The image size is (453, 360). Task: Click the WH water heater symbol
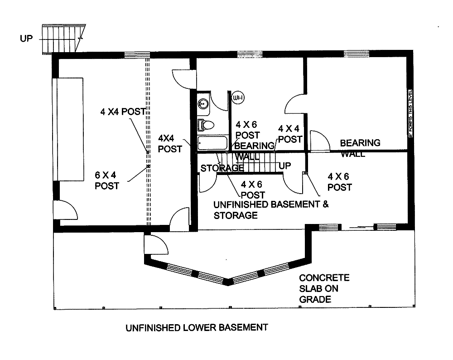point(237,97)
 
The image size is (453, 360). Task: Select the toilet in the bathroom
point(207,124)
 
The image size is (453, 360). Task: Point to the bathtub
point(212,143)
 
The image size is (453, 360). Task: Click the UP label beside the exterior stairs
point(27,39)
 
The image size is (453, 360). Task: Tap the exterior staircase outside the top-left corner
point(63,39)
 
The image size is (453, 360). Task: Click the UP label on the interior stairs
point(284,166)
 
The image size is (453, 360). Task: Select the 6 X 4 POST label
point(107,180)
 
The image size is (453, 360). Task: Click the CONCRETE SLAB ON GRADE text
point(323,288)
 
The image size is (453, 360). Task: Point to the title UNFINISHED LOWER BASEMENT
point(196,327)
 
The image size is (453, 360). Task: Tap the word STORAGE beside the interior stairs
point(222,168)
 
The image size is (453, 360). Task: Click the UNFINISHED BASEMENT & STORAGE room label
point(270,209)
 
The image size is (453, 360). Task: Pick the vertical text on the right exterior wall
point(410,113)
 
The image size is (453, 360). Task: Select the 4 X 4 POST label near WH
point(290,134)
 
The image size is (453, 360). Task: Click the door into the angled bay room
point(155,245)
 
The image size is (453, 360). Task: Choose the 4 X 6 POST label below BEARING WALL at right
point(340,181)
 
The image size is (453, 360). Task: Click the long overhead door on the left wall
point(68,129)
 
